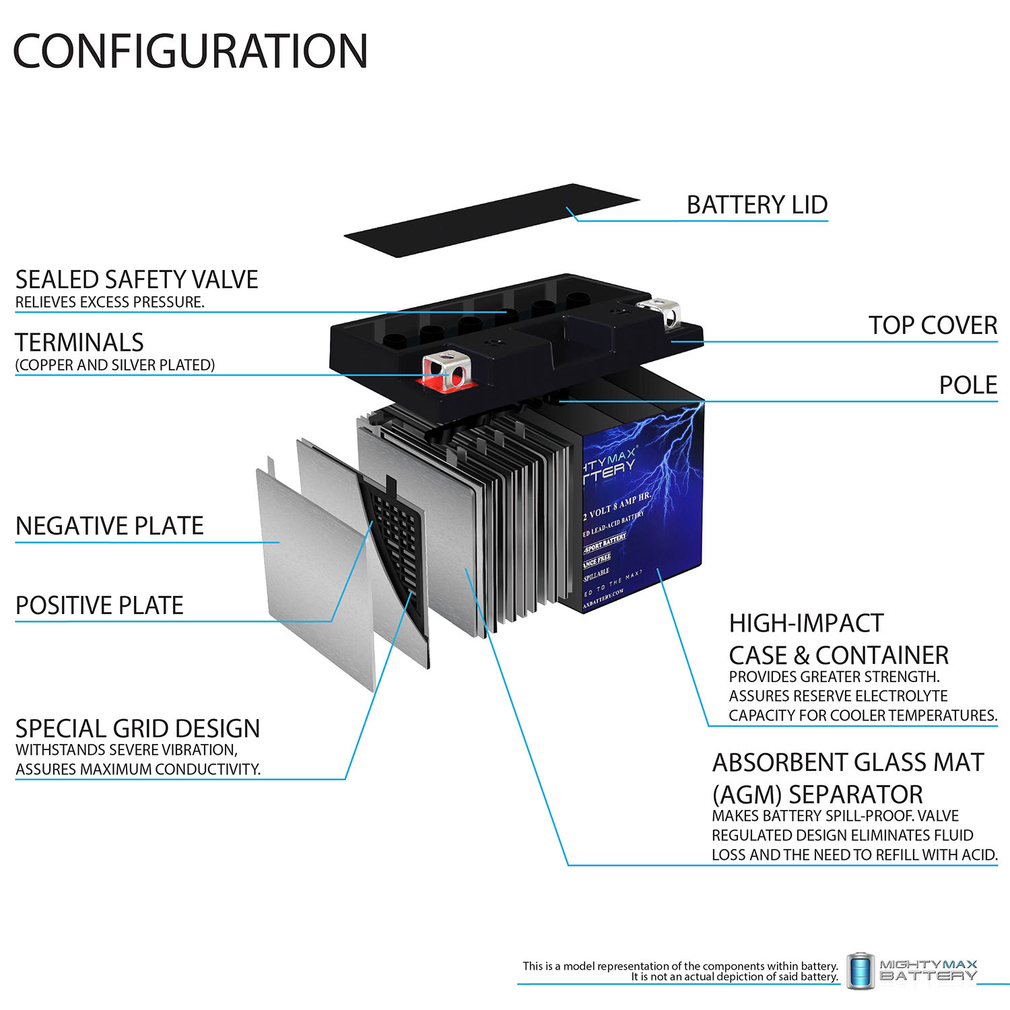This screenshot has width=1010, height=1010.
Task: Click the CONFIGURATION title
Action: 191,51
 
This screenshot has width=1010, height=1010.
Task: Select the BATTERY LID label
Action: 757,205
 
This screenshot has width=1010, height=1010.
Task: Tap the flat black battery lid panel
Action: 492,220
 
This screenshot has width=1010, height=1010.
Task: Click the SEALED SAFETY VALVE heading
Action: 137,279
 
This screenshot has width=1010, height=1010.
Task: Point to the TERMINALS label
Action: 79,343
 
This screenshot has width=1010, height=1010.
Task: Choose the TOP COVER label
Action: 933,325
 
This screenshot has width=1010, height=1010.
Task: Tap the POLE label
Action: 968,385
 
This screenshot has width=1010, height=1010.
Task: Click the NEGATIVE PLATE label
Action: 109,526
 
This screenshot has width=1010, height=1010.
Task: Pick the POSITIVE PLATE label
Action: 100,605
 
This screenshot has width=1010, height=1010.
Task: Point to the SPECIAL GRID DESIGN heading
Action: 137,729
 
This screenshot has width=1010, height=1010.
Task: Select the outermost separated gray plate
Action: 310,572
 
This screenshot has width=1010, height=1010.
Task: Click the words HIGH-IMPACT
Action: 806,624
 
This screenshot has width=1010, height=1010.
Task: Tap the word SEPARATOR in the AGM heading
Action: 856,795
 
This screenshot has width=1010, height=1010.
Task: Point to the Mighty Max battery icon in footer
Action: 860,971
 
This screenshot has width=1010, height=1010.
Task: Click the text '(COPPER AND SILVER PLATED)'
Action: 115,365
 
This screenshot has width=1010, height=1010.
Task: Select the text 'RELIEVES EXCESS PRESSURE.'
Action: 110,302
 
